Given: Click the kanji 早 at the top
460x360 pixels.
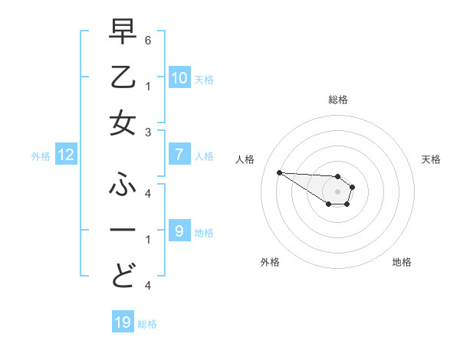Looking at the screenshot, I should pyautogui.click(x=123, y=34).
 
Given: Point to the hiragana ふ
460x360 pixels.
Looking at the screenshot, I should pyautogui.click(x=123, y=186).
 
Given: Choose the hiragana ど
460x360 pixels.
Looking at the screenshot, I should pyautogui.click(x=123, y=275).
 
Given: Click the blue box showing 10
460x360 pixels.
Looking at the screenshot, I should pyautogui.click(x=179, y=78).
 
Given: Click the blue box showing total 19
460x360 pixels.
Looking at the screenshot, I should pyautogui.click(x=123, y=322).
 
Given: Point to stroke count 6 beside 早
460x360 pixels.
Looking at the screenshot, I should pyautogui.click(x=148, y=39).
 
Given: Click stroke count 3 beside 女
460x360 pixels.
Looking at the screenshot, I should pyautogui.click(x=148, y=133).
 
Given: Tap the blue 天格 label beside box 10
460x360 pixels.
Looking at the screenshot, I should pyautogui.click(x=204, y=80).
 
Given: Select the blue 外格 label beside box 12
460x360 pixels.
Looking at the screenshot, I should pyautogui.click(x=41, y=156).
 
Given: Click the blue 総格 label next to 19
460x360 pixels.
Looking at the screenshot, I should pyautogui.click(x=147, y=324).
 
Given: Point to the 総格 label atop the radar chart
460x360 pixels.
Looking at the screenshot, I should pyautogui.click(x=337, y=100).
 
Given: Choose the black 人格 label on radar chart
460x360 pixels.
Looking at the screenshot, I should pyautogui.click(x=246, y=159).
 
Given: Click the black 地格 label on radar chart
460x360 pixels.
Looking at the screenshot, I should pyautogui.click(x=402, y=262).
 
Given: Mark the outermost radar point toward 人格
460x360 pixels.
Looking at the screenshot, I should pyautogui.click(x=279, y=172).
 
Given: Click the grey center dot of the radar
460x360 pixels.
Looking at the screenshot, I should pyautogui.click(x=337, y=191).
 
